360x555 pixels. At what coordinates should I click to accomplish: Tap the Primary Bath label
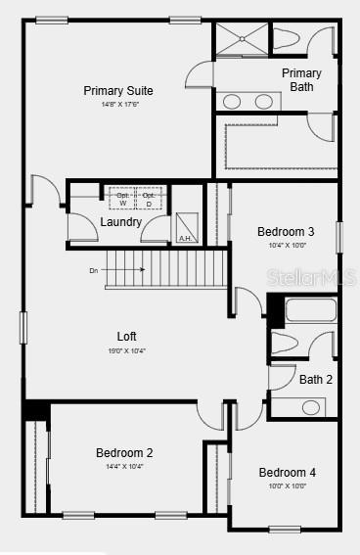[301, 80]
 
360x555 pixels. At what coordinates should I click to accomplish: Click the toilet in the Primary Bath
[287, 40]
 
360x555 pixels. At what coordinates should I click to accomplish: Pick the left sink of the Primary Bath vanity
[233, 101]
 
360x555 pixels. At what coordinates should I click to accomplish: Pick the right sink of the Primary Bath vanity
[264, 101]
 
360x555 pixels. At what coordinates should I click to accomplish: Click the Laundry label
[121, 222]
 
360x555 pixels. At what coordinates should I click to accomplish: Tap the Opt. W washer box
[122, 199]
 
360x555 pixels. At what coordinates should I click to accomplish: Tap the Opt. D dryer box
[149, 199]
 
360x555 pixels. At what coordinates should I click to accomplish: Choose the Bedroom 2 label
[124, 453]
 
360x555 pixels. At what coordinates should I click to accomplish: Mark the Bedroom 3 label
[286, 232]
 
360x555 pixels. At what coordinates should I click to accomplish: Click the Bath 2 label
[316, 380]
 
